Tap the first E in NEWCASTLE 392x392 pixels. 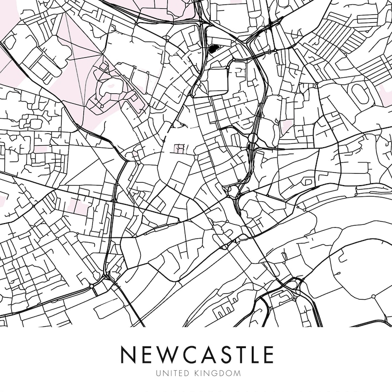click(147, 354)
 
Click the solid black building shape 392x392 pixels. click(213, 48)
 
